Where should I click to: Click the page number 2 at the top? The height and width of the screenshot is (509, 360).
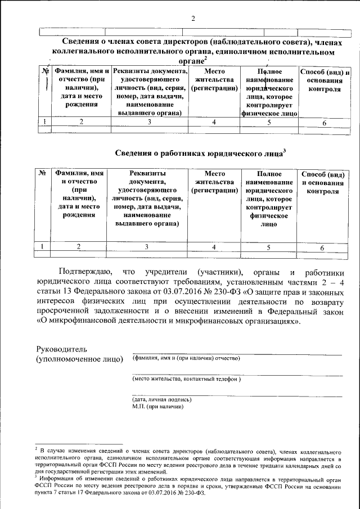tap(193, 18)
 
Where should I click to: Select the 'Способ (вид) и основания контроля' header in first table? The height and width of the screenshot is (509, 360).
tap(325, 80)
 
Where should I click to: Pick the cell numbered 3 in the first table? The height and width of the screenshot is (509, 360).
tap(149, 121)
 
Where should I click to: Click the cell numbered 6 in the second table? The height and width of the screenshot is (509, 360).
tap(322, 247)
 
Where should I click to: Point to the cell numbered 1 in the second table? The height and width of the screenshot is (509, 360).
tap(43, 246)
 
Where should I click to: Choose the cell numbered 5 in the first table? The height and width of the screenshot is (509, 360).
tap(269, 121)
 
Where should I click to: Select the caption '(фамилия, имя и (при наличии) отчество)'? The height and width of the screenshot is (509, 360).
tap(186, 358)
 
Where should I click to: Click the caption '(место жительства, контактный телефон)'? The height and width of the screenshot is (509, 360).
tap(186, 379)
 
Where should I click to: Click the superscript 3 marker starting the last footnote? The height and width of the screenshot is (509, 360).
tap(35, 477)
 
